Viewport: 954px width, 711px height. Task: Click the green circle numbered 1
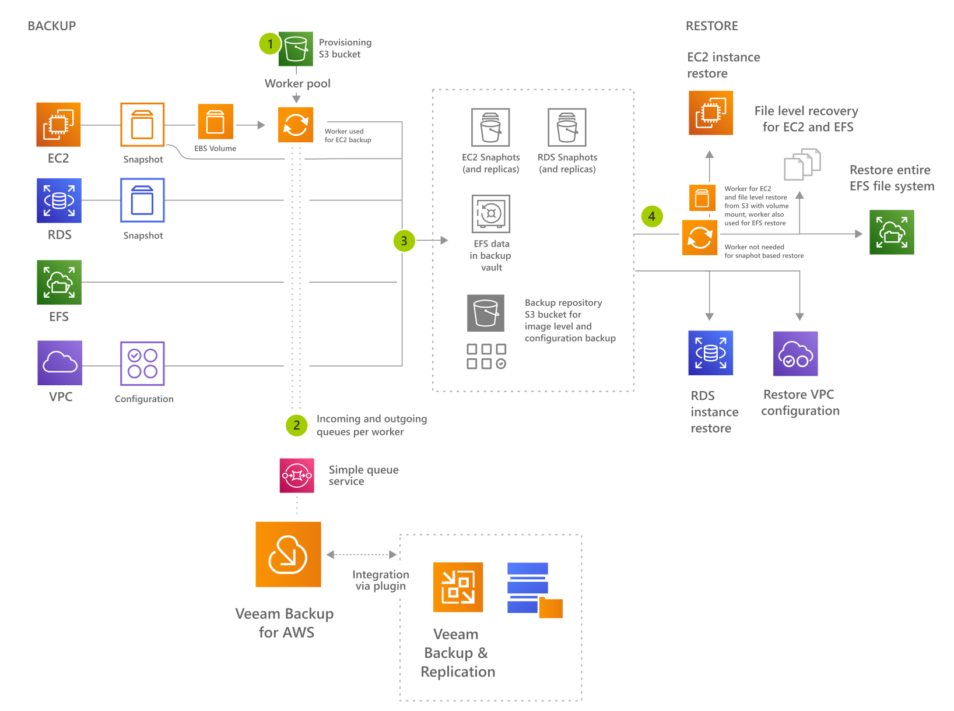[x=270, y=44]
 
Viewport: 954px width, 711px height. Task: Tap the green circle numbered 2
[x=296, y=425]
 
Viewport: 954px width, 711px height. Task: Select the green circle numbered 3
[x=404, y=241]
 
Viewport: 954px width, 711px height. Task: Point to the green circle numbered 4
[x=652, y=216]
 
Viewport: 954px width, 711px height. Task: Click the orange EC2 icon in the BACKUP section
[x=58, y=124]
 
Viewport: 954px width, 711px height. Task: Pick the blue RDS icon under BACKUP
[x=59, y=200]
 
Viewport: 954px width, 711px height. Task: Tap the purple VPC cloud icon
[x=59, y=363]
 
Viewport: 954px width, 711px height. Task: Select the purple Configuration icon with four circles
[x=142, y=364]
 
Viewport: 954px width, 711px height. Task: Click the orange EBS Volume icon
[x=215, y=122]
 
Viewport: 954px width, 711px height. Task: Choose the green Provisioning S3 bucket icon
[x=296, y=48]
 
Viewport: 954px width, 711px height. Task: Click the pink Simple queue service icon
[x=297, y=476]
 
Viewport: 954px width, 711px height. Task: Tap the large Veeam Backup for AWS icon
[x=288, y=554]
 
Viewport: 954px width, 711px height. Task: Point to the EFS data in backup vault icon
[x=491, y=213]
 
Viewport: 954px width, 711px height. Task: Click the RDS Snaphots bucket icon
[x=567, y=127]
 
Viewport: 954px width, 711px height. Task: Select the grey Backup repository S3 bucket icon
[x=486, y=313]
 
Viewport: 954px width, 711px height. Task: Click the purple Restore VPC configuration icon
[x=795, y=354]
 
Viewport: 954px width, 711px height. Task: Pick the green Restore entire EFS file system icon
[x=892, y=232]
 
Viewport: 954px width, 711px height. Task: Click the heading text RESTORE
[x=711, y=26]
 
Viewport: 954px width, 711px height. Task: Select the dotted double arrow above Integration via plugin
[x=362, y=555]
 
